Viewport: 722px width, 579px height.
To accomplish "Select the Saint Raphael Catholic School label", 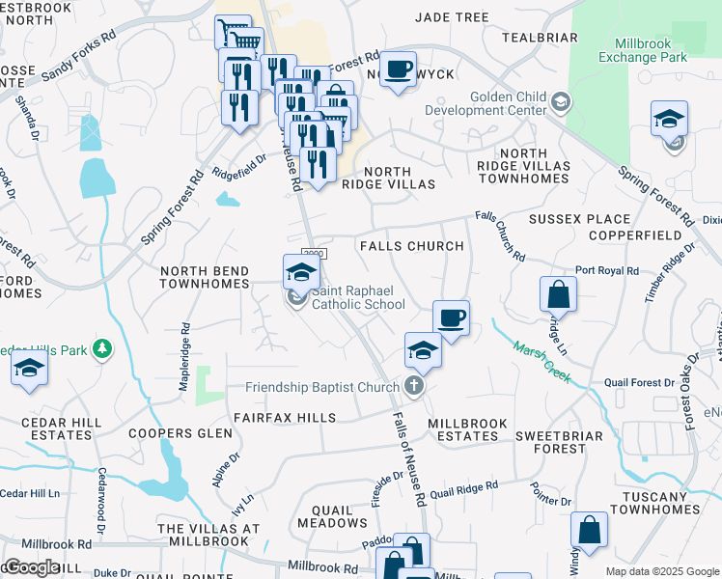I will (357, 305).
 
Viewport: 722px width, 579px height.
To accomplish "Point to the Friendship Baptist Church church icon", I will (414, 388).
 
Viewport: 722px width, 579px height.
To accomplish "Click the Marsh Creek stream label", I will (541, 364).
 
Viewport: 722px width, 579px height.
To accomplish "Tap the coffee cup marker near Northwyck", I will (398, 70).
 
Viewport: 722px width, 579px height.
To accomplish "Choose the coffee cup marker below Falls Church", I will (450, 318).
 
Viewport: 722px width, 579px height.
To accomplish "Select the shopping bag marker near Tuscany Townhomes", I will (589, 530).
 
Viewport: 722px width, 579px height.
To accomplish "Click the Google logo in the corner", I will (32, 567).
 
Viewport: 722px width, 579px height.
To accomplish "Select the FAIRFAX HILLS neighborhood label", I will (284, 418).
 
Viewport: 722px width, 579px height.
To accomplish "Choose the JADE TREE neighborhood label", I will (452, 16).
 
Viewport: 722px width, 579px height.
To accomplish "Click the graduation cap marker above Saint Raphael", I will (301, 272).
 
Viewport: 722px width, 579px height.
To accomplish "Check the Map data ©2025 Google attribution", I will (662, 571).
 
